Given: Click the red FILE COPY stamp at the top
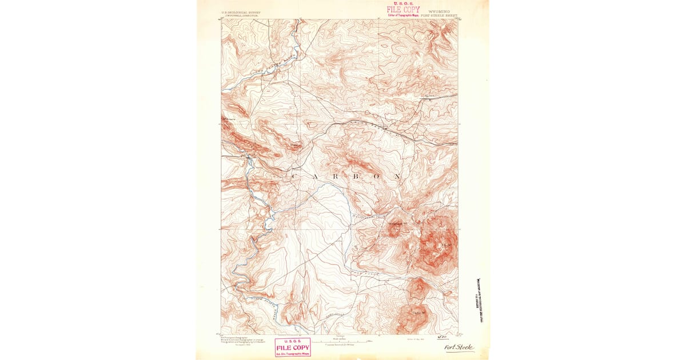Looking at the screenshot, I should (x=402, y=9).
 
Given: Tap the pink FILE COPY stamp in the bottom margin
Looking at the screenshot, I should (x=293, y=347).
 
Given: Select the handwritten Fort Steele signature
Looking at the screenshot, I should (x=459, y=347).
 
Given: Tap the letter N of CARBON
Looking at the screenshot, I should (x=397, y=177).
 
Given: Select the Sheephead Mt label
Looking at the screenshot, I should (x=398, y=223).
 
